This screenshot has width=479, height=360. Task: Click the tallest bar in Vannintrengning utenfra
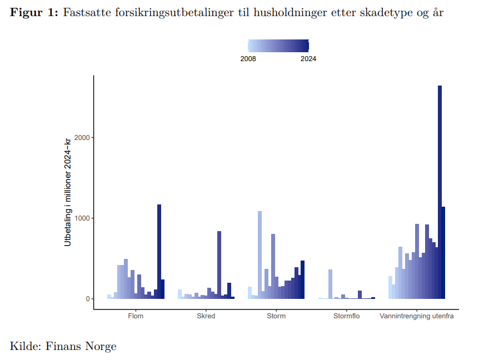coord(440,192)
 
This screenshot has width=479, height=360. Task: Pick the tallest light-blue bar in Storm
coord(260,255)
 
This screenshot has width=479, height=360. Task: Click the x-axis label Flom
coord(136,316)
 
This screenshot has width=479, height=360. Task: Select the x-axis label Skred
coord(206,316)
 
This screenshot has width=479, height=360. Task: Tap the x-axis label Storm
coord(276,316)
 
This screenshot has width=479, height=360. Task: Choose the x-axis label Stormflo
coord(347,316)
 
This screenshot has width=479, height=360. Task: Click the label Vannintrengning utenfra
coord(417,316)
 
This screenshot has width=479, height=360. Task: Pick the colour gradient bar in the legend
coord(278,46)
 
